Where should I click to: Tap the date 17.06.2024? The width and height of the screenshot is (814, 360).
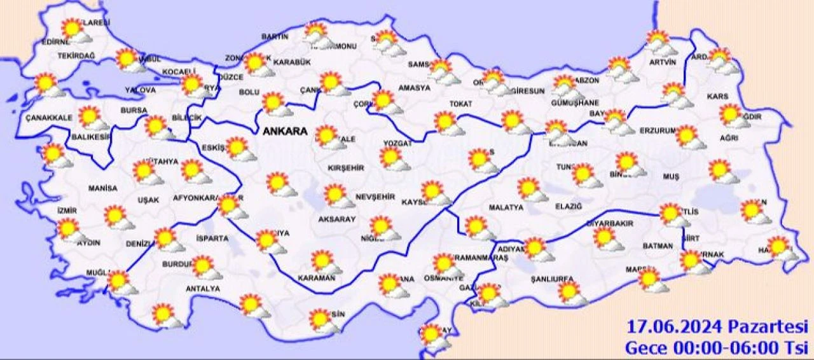tap(673, 328)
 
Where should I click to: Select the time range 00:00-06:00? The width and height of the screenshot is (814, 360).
tap(717, 348)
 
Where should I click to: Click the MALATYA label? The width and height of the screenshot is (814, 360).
tap(506, 207)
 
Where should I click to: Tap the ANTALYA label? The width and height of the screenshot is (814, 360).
tap(202, 289)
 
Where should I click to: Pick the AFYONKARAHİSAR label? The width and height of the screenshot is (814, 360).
tap(205, 198)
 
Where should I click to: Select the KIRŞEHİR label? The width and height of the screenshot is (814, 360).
tap(345, 168)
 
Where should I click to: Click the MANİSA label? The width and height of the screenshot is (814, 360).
tap(103, 188)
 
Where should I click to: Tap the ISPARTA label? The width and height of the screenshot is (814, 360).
tap(212, 239)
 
